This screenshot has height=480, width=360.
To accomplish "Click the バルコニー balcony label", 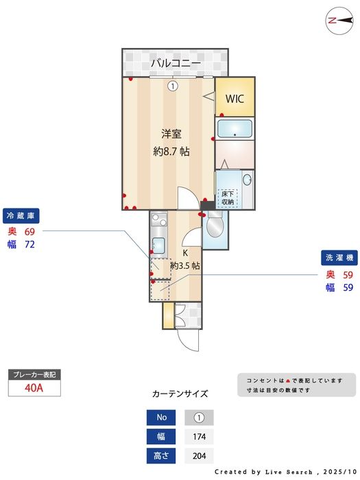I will (176, 63).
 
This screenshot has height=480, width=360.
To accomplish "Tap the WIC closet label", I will (235, 98).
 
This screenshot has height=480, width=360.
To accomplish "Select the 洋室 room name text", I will (171, 134).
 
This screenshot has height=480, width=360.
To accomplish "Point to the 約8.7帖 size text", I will (171, 152).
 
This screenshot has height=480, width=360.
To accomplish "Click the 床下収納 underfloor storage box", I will (228, 198).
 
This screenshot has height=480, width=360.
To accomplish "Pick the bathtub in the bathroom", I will (235, 128).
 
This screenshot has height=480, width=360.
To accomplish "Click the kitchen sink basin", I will (158, 245).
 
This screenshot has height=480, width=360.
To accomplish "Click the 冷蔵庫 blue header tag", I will (20, 215).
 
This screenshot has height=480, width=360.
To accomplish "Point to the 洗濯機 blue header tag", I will (338, 258).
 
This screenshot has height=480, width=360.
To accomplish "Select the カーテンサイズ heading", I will (180, 394).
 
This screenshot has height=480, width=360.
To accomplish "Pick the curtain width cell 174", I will (200, 436).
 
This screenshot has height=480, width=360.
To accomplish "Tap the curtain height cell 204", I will (200, 455).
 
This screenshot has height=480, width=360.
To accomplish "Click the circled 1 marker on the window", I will (173, 86).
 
